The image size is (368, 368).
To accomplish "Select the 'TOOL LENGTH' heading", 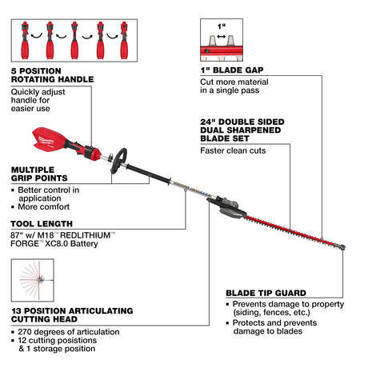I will point(41,223).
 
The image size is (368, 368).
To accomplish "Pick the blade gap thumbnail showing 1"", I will point(222,41).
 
